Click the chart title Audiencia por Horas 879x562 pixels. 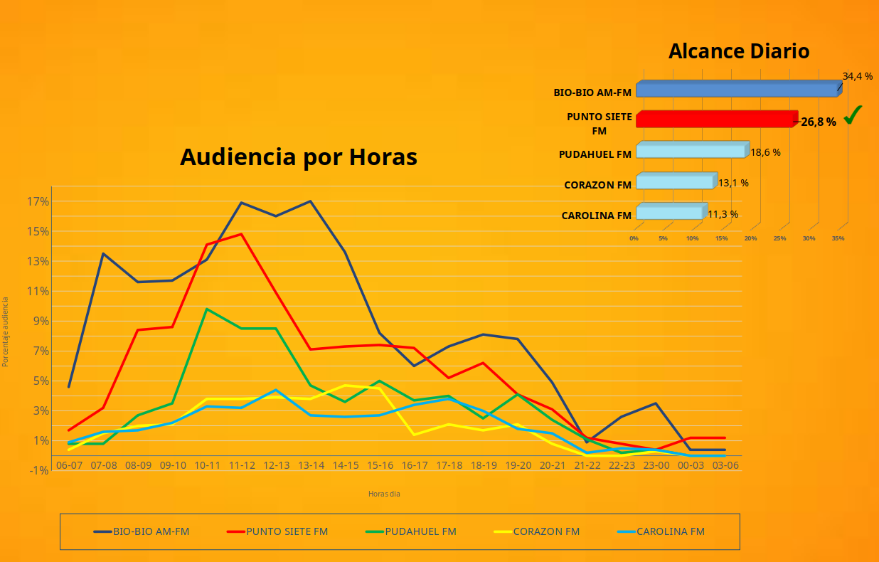298,157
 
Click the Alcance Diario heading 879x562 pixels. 739,51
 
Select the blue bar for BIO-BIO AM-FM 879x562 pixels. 737,90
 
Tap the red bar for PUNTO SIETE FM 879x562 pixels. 715,120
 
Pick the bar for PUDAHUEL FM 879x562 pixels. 691,151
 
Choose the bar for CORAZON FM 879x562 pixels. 675,182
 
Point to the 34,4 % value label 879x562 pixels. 857,76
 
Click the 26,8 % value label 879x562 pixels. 819,122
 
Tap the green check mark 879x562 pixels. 853,115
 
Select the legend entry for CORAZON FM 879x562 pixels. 537,531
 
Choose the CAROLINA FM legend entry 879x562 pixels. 661,531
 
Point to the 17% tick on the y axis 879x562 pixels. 38,201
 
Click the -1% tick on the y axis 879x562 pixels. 38,470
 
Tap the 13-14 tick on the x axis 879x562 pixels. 311,465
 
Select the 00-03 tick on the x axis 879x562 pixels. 691,465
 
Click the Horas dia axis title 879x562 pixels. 384,494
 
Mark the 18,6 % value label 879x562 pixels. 765,152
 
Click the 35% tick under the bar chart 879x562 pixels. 838,238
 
